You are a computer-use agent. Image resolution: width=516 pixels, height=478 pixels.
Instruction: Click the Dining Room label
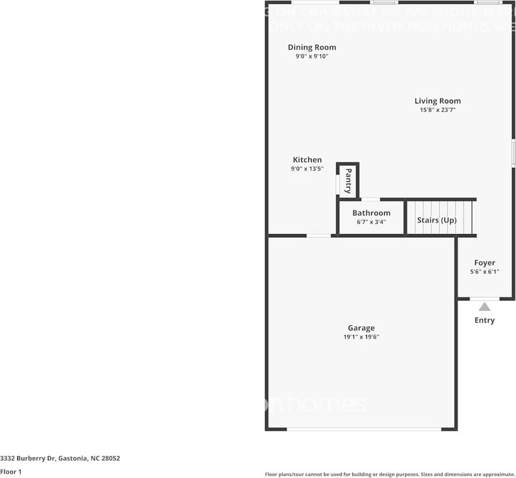click(312, 47)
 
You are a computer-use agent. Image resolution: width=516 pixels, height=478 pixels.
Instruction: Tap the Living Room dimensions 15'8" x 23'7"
click(438, 110)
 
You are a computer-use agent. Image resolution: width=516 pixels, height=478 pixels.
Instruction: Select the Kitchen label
click(307, 160)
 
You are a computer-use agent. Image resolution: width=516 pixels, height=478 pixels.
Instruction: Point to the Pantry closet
click(348, 181)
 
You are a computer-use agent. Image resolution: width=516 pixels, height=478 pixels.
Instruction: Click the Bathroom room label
click(371, 213)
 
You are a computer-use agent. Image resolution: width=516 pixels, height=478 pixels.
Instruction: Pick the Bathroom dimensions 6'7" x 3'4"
click(371, 222)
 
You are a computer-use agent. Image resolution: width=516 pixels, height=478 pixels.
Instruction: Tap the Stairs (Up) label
click(436, 220)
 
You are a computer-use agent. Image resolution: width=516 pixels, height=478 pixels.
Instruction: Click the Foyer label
click(484, 263)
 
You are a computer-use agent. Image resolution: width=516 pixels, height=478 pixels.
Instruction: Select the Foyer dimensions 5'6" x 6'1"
click(484, 272)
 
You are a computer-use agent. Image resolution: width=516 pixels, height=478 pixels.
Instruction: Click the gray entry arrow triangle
click(484, 307)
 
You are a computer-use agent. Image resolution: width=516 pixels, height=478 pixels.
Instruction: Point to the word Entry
click(484, 320)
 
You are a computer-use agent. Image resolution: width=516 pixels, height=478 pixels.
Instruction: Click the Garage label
click(361, 328)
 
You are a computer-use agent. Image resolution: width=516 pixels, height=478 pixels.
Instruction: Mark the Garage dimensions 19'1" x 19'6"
click(361, 337)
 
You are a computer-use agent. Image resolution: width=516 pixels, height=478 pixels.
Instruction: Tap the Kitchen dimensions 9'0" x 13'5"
click(307, 168)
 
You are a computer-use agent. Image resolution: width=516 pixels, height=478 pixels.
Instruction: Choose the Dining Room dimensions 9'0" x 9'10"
click(312, 56)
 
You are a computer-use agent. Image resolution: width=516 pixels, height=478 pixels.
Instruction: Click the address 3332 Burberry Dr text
click(60, 459)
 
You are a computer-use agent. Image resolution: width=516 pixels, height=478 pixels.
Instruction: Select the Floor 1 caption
click(11, 472)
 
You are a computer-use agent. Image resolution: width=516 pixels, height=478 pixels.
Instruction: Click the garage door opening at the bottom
click(364, 429)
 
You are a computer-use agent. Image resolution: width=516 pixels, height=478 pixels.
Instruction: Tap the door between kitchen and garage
click(319, 235)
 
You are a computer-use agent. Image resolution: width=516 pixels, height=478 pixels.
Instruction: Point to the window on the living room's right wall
click(513, 152)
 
